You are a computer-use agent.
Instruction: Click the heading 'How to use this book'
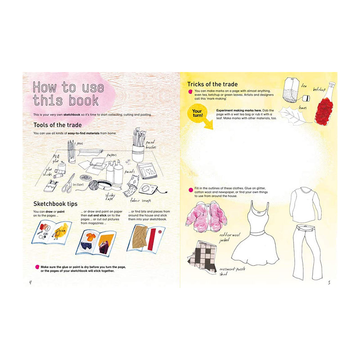coord(68,93)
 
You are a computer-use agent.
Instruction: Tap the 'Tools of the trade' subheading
coord(57,125)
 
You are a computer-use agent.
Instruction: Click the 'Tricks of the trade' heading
coord(212,84)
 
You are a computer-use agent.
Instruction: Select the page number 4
coord(30,282)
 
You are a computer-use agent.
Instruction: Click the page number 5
coord(329,282)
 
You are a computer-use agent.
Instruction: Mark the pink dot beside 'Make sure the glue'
coord(37,267)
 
